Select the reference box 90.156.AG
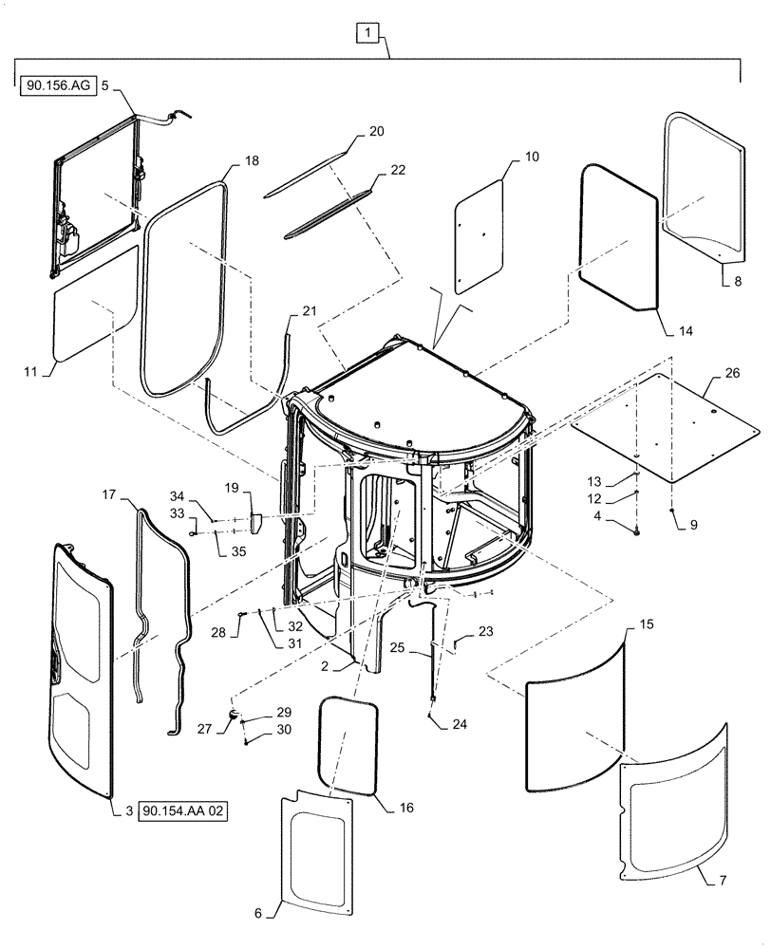click(x=54, y=85)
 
